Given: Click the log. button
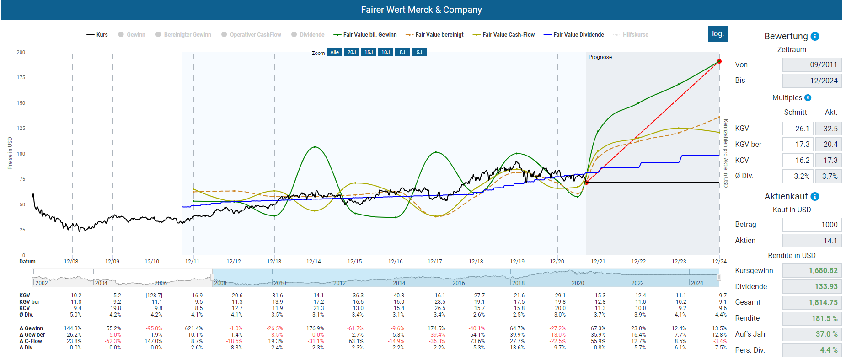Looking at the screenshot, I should point(717,34).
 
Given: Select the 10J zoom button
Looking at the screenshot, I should point(386,52).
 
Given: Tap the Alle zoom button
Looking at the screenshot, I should point(335,52).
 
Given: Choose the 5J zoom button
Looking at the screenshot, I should point(419,52).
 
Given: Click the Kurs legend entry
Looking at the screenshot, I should point(97,35).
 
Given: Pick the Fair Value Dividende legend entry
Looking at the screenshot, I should point(574,35).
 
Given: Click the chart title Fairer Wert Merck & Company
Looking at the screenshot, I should point(421,10).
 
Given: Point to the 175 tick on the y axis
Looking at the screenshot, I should point(21,78).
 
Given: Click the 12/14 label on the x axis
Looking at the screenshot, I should point(314,262).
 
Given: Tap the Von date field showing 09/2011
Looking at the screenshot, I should point(812,65).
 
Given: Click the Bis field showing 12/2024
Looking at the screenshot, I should point(812,81).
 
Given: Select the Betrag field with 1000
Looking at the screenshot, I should point(812,225).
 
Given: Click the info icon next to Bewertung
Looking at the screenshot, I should point(815,37).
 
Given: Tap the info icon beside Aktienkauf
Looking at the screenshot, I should point(815,197).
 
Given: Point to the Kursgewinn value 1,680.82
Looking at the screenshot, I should point(812,271).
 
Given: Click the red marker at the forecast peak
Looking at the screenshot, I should point(719,61).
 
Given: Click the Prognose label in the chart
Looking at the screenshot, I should point(600,57).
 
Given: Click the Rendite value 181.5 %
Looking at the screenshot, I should point(812,318).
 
